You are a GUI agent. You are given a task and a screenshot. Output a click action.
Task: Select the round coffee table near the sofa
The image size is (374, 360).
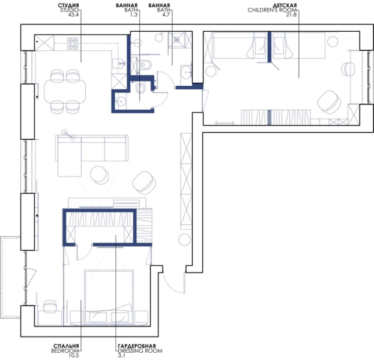(x=99, y=175)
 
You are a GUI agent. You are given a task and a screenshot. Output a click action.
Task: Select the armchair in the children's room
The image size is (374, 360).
(x=328, y=100)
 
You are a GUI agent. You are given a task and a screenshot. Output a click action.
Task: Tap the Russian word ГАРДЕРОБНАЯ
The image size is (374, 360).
(x=137, y=346)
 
